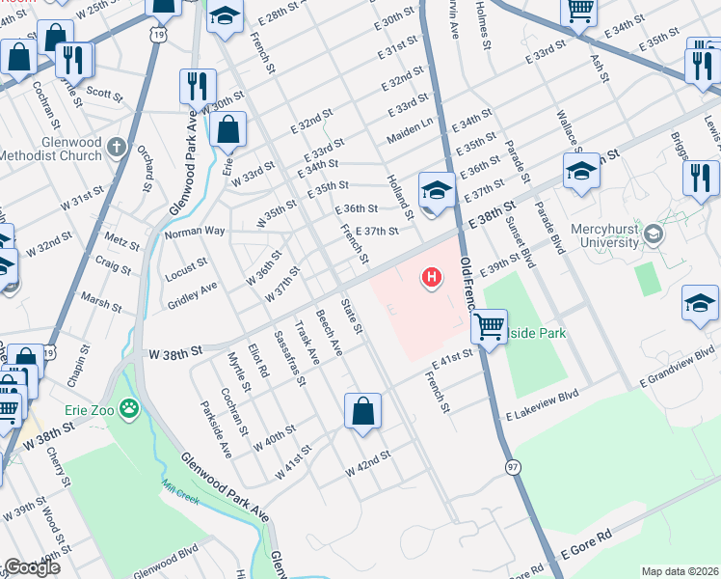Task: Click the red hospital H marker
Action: [432, 279]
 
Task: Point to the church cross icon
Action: [117, 148]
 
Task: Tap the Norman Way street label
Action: [194, 232]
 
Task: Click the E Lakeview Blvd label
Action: [542, 402]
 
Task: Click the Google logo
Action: [31, 567]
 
